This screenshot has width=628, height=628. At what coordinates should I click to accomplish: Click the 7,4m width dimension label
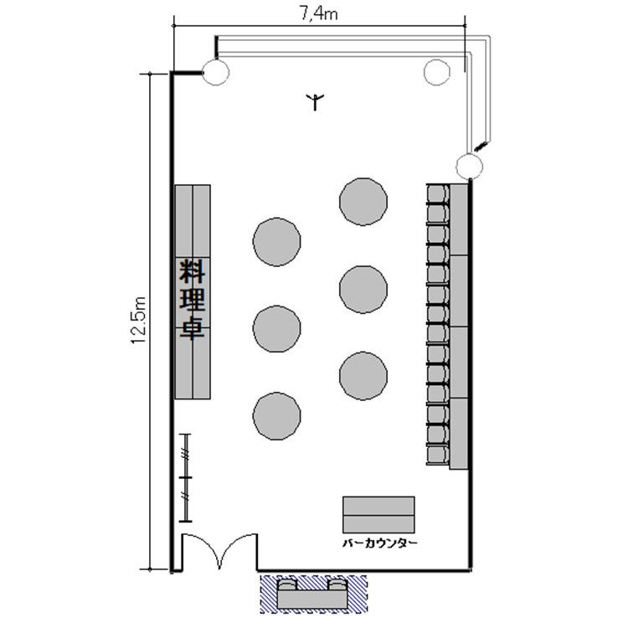318,14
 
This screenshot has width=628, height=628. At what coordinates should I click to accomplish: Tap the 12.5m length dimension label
138,320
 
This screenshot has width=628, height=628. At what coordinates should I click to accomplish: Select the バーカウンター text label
379,543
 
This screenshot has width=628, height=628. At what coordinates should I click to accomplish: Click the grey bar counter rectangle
378,515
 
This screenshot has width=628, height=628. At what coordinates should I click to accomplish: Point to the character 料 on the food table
193,271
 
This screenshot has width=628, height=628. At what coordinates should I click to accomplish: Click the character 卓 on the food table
193,327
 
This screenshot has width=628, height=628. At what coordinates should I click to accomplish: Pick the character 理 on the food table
193,299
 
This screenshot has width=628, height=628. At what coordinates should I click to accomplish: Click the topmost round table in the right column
363,202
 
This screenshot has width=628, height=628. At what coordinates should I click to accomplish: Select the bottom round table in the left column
277,416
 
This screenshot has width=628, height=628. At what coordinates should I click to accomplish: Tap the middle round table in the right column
363,289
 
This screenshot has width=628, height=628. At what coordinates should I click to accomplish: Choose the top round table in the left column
277,242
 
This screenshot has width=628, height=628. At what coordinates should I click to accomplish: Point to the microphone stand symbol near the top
315,101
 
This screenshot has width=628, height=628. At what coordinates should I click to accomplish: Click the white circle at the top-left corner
216,72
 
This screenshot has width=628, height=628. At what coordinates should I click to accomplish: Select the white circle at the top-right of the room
437,72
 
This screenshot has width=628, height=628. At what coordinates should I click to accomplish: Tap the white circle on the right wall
470,167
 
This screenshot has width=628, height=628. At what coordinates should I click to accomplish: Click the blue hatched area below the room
314,595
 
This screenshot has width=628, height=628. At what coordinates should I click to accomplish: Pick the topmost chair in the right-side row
438,194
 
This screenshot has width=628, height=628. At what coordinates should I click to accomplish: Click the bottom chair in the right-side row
438,455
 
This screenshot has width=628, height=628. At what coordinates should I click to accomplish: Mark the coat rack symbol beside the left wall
185,478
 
